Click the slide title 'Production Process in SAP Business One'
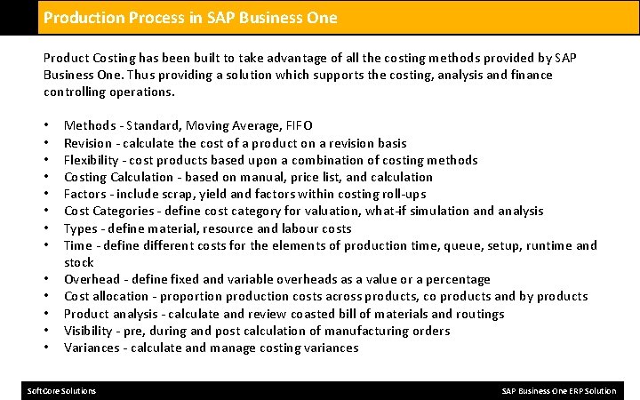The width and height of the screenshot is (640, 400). click(190, 17)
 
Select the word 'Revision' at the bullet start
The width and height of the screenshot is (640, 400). click(88, 143)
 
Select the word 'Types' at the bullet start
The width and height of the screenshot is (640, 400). click(80, 228)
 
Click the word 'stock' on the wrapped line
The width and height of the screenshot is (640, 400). click(79, 262)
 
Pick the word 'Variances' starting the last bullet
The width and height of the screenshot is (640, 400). click(92, 348)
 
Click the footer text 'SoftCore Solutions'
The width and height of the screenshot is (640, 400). click(62, 391)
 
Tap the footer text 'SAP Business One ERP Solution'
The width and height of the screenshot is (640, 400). click(558, 391)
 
